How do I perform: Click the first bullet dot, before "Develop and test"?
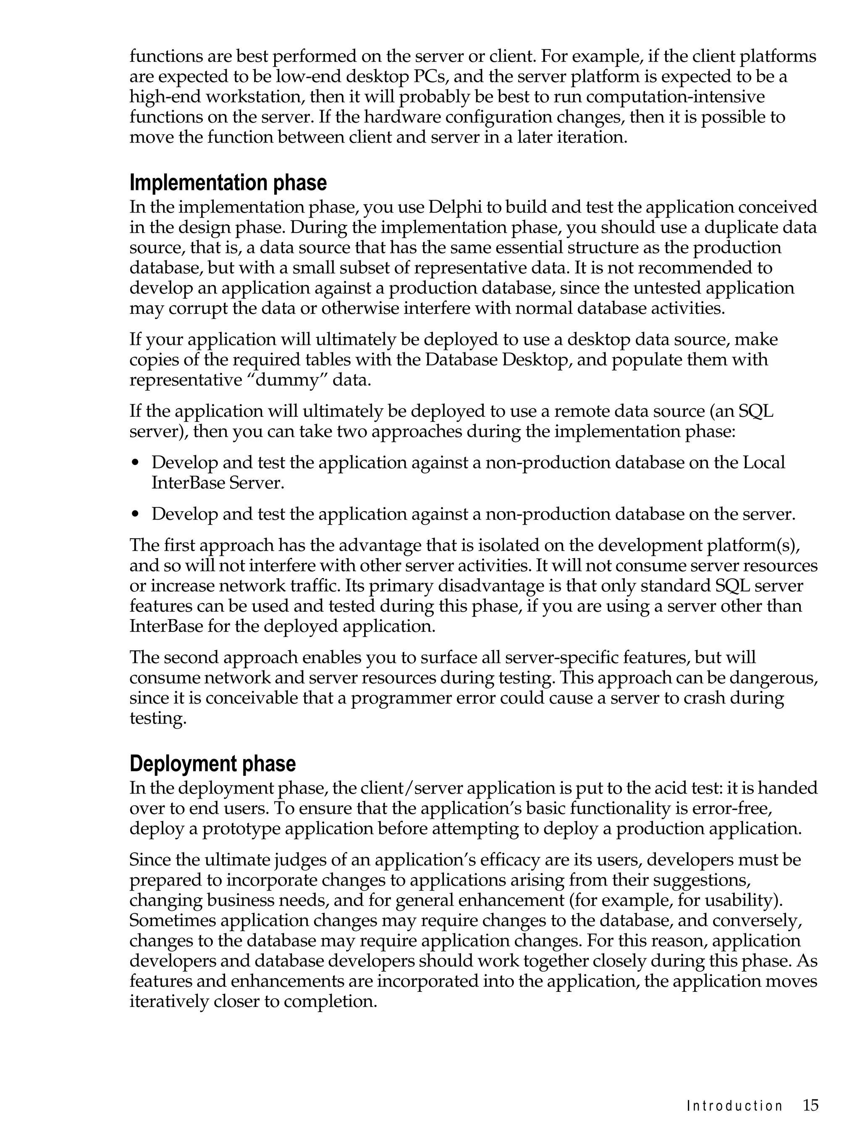pos(135,463)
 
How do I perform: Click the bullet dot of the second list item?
pos(135,515)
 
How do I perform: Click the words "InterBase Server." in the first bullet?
pos(218,483)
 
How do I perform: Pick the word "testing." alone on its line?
pos(157,718)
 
